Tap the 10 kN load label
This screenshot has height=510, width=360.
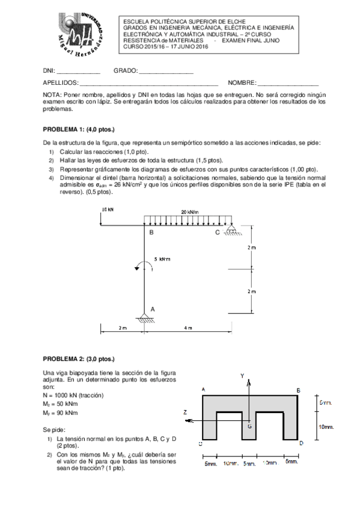(x=108, y=210)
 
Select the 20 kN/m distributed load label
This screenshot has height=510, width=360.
(x=190, y=212)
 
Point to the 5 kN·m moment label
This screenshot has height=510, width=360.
(x=162, y=260)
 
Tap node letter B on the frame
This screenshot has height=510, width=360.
(x=151, y=232)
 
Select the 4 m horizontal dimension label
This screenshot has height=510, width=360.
(x=188, y=328)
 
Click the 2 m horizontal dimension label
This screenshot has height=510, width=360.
(x=122, y=328)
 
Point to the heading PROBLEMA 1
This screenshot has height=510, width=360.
(x=78, y=129)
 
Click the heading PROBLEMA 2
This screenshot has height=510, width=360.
(x=78, y=358)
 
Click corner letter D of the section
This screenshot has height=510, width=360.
(x=301, y=443)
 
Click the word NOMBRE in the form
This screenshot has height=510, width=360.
(x=242, y=82)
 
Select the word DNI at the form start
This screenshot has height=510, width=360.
(x=49, y=71)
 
